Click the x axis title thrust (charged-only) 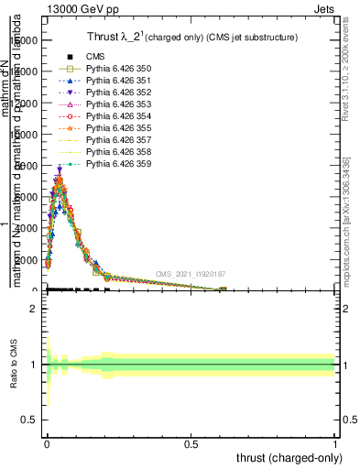[289, 457]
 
